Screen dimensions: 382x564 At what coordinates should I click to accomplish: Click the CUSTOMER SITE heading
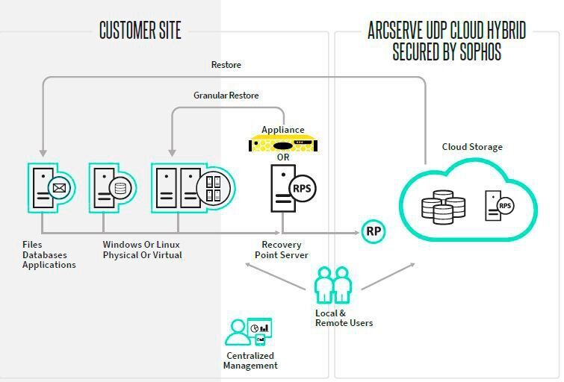[140, 30]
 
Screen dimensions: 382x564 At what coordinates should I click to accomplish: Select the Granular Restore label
[226, 95]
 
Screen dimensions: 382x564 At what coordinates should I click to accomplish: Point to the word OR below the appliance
[283, 157]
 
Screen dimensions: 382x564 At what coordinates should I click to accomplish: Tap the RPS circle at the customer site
[303, 188]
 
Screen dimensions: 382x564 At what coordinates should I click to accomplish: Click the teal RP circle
[374, 232]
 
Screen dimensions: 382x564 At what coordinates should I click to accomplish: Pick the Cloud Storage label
[472, 147]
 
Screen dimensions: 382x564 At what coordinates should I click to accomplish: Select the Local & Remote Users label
[344, 318]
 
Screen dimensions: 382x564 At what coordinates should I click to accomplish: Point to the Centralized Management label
[250, 360]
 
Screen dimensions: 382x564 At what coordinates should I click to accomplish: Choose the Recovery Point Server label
[285, 250]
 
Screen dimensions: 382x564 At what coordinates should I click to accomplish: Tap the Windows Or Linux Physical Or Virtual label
[142, 250]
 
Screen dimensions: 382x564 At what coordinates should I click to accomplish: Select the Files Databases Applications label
[49, 254]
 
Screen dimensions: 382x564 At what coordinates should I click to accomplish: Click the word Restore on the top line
[226, 65]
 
